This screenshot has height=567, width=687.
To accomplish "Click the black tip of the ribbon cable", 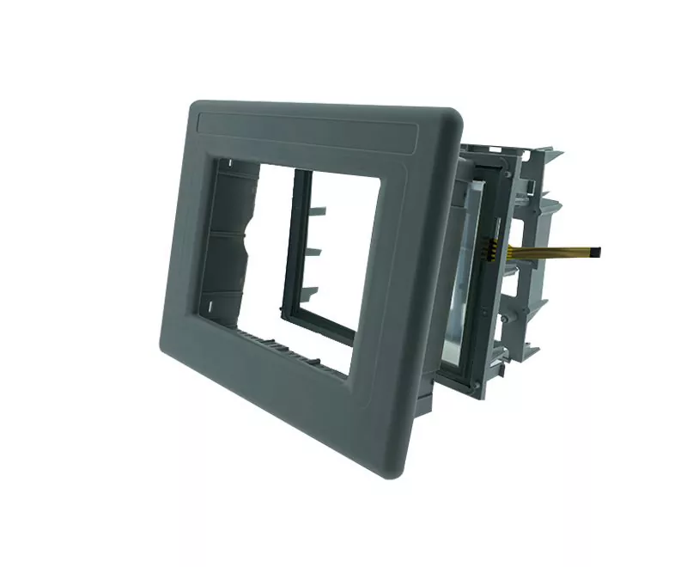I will pos(596,253).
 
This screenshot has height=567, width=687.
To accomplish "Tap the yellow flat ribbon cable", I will pos(550,250).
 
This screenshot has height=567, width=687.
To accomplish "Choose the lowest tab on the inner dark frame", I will pos(308,291).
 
